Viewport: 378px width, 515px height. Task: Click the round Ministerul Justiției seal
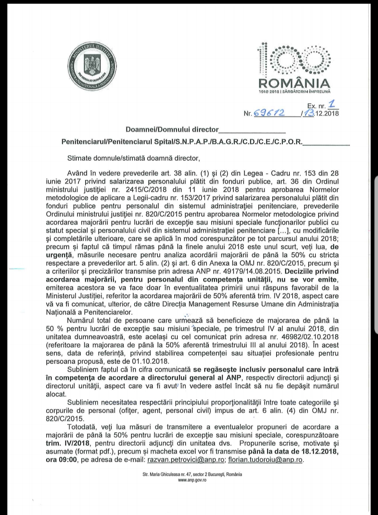pyautogui.click(x=92, y=67)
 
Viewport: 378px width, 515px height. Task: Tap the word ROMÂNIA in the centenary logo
pyautogui.click(x=294, y=83)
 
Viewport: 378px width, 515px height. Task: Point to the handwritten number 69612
pyautogui.click(x=269, y=113)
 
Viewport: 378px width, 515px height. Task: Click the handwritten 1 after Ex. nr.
pyautogui.click(x=332, y=104)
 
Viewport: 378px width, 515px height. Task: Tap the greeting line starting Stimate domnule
pyautogui.click(x=133, y=158)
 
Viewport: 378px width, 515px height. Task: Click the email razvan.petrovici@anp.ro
pyautogui.click(x=186, y=460)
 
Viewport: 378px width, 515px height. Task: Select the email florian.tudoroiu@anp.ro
pyautogui.click(x=265, y=460)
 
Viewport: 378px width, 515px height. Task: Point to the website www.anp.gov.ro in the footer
pyautogui.click(x=192, y=480)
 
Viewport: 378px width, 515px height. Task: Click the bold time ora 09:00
pyautogui.click(x=61, y=460)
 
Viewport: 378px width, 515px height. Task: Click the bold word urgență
pyautogui.click(x=59, y=255)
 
